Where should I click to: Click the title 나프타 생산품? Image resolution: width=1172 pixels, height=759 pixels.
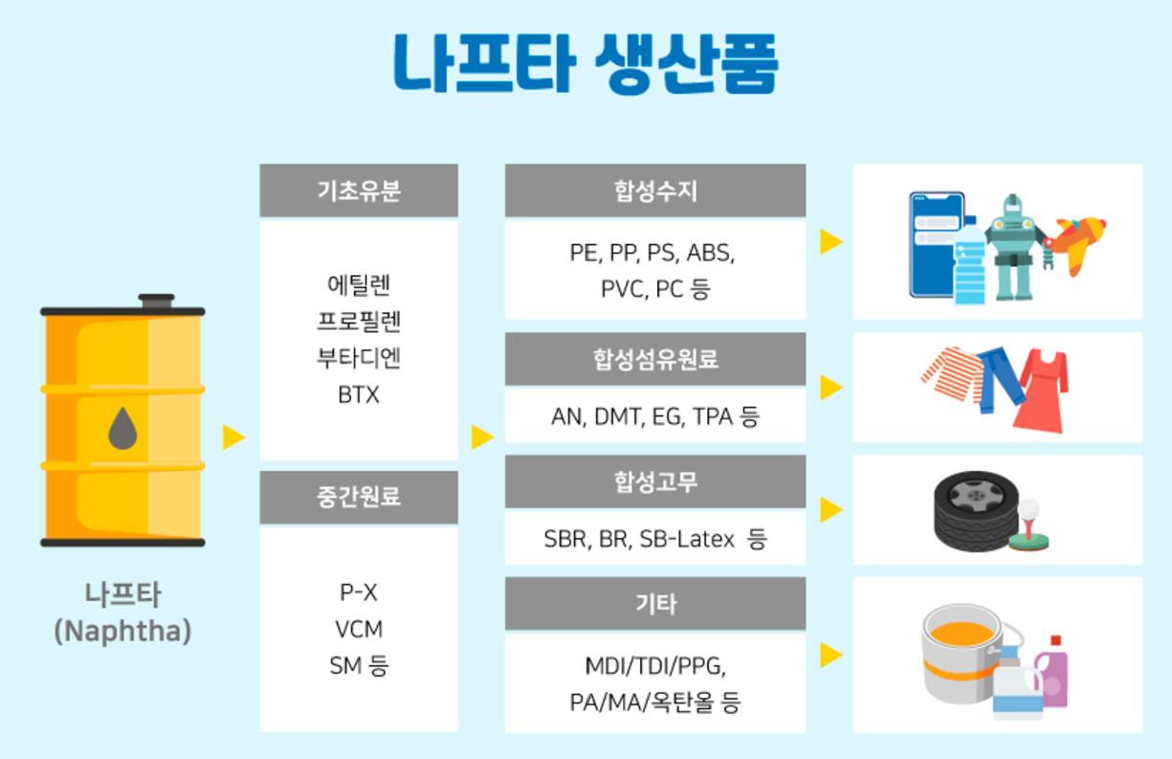coord(586,64)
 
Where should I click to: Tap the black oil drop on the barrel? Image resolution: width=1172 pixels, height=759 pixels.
coord(122,429)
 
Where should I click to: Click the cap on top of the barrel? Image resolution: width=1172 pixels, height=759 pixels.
coord(156,301)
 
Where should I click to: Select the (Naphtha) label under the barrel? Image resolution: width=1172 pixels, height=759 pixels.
coord(122,632)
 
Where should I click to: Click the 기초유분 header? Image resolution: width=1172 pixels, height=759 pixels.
coord(359,190)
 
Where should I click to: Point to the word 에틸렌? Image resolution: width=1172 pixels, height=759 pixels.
coord(359,284)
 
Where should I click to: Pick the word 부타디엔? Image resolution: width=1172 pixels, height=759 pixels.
coord(359,358)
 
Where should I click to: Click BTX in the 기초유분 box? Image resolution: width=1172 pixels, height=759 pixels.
coord(359,394)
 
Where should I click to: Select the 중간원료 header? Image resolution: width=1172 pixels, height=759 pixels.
coord(359,497)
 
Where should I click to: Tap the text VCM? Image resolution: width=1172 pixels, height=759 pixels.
coord(359,629)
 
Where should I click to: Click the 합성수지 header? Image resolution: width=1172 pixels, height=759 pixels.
coord(655,190)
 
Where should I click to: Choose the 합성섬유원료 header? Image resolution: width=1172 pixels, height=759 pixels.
coord(655,360)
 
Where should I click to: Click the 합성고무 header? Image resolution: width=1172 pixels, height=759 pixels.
coord(655,481)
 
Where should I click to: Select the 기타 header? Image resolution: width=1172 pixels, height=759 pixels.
coord(655,604)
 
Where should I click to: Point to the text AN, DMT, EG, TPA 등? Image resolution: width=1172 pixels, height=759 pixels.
coord(655,416)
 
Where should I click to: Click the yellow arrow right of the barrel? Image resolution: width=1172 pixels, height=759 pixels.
coord(233,437)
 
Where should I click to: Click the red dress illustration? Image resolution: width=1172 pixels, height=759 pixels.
coord(1043,392)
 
